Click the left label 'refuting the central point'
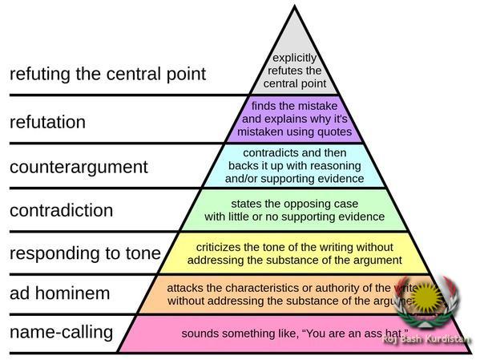click(107, 75)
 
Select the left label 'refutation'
click(46, 122)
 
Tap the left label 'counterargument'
click(79, 167)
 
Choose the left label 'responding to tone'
click(85, 253)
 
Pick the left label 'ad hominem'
click(59, 293)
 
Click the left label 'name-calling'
click(61, 331)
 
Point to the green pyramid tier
click(294, 209)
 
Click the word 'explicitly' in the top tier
click(295, 58)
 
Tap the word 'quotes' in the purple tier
click(335, 131)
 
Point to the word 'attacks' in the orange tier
click(185, 287)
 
